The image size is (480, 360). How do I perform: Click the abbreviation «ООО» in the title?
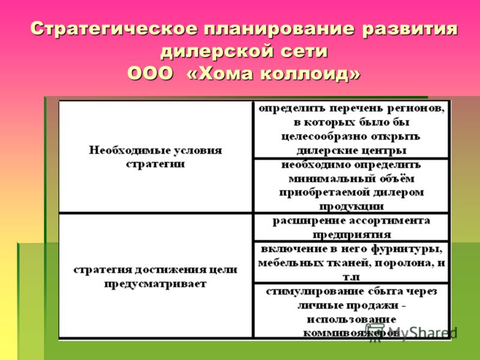[x=150, y=74]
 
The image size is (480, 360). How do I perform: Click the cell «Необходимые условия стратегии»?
[x=155, y=156]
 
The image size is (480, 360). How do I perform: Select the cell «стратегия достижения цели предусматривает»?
[x=155, y=275]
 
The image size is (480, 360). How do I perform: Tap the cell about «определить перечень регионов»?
[x=351, y=129]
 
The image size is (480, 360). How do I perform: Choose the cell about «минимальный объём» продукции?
[x=351, y=185]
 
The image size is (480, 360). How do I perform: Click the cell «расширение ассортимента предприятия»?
[x=351, y=227]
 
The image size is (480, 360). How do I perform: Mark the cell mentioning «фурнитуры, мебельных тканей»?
[x=351, y=262]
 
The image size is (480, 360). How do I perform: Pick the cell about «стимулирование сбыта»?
[x=351, y=311]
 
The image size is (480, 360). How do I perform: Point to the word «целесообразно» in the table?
[x=324, y=137]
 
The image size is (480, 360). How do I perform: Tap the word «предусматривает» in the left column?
[x=155, y=284]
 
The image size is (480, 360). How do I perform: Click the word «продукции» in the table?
[x=352, y=206]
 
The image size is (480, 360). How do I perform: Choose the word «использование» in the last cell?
[x=352, y=319]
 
